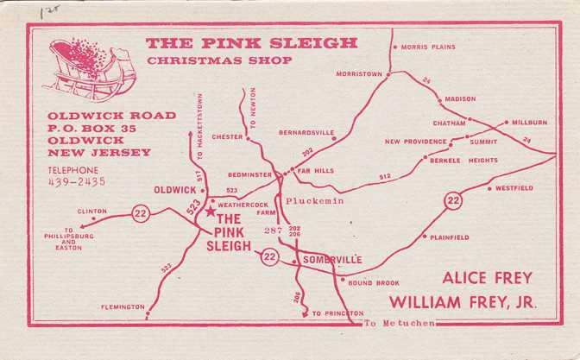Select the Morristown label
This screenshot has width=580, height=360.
358,74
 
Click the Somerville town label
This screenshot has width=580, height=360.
331,260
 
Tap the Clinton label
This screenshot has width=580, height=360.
92,211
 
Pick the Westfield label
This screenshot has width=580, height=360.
515,187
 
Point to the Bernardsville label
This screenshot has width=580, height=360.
306,133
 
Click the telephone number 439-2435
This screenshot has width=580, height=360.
79,182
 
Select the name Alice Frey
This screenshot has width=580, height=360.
487,278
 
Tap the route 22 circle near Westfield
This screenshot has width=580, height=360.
453,201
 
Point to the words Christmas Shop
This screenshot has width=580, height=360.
219,60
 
